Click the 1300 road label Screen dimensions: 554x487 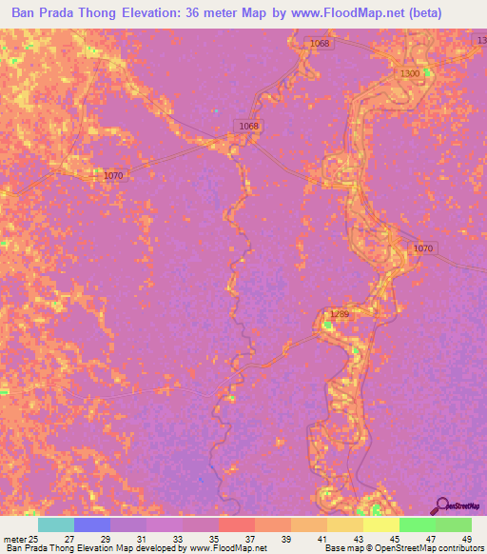(411, 73)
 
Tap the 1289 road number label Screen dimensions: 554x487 (340, 314)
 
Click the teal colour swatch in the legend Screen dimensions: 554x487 (56, 524)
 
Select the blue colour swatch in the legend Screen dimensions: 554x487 (92, 524)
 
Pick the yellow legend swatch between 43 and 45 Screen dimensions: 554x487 (380, 524)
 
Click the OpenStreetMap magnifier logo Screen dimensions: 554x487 (440, 506)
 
